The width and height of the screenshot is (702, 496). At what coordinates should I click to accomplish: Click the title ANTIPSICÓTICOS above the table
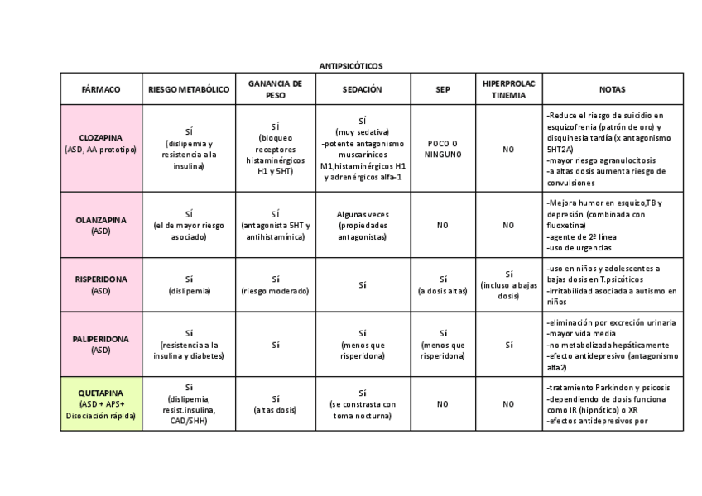351,66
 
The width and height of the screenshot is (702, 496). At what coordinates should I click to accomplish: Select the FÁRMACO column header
101,89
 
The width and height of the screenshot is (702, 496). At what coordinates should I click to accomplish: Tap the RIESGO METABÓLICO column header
189,89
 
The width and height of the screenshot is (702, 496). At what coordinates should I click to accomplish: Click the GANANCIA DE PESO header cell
275,89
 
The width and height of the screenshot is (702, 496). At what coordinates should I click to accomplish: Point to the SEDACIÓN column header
363,89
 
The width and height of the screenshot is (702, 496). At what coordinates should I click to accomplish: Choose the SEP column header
443,89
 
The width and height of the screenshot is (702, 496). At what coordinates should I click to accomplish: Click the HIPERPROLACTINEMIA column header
508,89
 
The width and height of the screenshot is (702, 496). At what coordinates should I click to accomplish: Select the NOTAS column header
613,89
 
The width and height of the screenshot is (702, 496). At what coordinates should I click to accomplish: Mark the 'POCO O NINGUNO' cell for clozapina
443,149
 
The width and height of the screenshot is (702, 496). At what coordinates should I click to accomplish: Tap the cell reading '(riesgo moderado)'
275,291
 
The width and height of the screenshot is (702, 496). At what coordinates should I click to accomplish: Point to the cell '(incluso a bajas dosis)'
508,290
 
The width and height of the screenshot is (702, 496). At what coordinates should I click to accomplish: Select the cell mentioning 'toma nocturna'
363,410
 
